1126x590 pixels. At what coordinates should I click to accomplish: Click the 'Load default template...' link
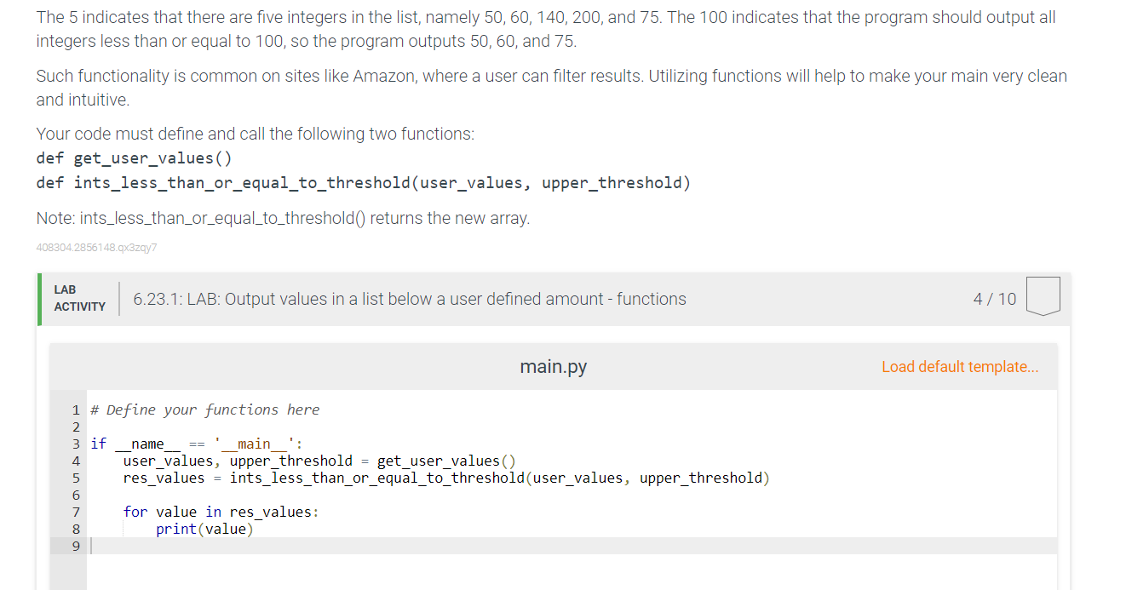click(960, 367)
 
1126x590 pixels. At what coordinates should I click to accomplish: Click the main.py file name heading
click(553, 367)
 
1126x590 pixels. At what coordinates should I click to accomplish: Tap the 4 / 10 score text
click(994, 299)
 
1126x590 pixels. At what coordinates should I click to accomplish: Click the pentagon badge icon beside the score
click(1043, 296)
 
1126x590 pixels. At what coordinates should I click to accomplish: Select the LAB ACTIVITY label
click(79, 299)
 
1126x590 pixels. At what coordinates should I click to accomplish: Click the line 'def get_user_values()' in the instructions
click(134, 158)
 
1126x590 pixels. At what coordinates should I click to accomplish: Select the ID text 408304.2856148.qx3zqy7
click(96, 248)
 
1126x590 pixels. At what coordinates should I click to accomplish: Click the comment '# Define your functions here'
click(205, 410)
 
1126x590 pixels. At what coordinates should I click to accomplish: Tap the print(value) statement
click(204, 529)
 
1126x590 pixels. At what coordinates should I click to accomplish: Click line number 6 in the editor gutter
click(76, 495)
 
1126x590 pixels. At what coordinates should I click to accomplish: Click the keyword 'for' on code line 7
click(135, 512)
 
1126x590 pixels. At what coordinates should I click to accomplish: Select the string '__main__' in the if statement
click(255, 444)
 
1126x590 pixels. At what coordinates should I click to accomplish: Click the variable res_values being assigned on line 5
click(164, 478)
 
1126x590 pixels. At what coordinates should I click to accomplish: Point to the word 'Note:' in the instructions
click(55, 219)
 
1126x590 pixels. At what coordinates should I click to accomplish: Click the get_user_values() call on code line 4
click(446, 461)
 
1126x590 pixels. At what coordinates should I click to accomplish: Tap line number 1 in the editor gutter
click(76, 410)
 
